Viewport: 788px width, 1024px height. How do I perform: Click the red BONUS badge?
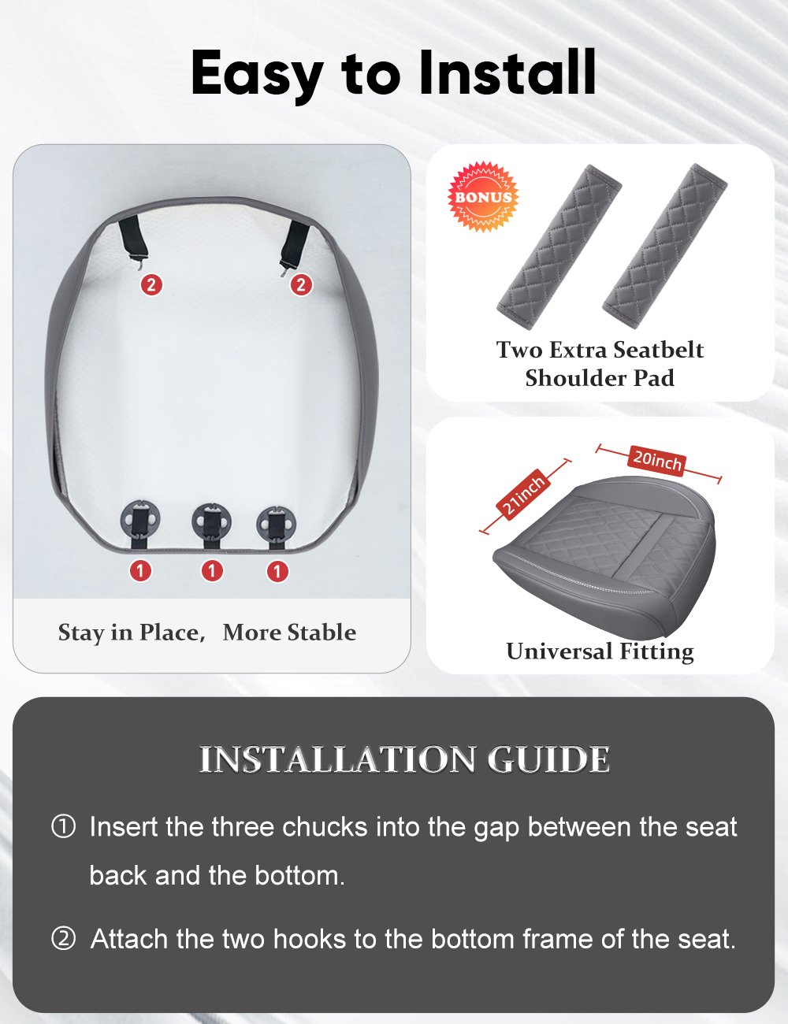coord(483,196)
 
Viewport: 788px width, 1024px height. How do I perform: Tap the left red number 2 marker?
coord(152,284)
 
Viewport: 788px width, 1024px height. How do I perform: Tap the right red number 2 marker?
coord(301,284)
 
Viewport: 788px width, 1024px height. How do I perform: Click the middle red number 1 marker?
coord(212,570)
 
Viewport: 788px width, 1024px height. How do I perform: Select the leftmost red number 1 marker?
coord(140,570)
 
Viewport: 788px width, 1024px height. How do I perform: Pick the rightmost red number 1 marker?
coord(277,571)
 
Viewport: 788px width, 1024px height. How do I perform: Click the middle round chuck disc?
coord(212,521)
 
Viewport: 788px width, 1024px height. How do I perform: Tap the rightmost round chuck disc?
coord(276,524)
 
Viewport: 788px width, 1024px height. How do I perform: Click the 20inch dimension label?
coord(657,460)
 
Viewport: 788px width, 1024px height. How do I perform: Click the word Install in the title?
coord(507,72)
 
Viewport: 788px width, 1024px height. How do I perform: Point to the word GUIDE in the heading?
coord(548,759)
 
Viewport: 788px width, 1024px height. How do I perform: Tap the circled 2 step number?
coord(63,939)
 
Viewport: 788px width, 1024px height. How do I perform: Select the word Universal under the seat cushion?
coord(559,651)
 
